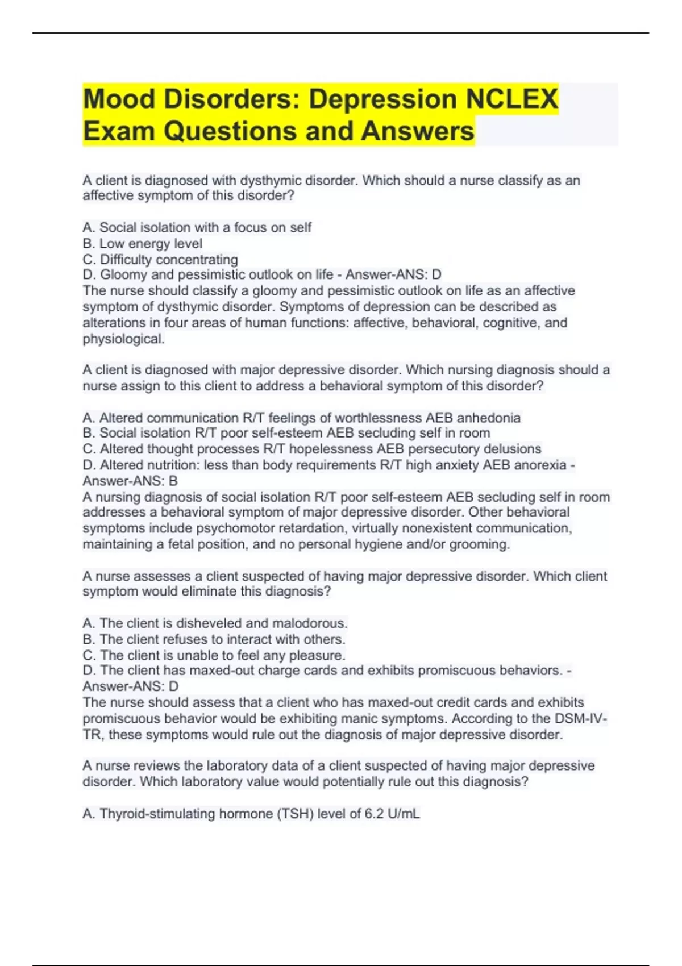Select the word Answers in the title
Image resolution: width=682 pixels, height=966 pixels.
point(417,131)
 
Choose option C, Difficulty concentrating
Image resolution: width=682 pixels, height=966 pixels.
point(160,260)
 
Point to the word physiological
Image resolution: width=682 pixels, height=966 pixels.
point(123,339)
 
